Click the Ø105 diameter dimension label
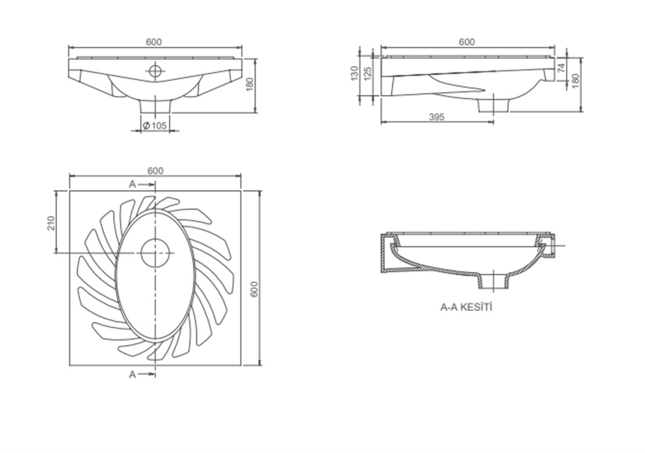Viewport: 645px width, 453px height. pos(155,126)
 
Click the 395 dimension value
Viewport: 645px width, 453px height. pos(436,117)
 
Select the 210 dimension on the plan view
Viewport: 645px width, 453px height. pos(51,223)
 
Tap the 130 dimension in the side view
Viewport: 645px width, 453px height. pos(354,73)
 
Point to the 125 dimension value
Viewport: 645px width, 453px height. pos(368,74)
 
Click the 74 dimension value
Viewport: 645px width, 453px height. pos(561,68)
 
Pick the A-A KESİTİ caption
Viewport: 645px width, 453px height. pos(466,308)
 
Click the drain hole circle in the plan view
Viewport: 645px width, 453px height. pos(155,253)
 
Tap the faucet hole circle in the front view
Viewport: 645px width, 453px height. pos(155,70)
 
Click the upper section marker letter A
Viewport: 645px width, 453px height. pos(132,184)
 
